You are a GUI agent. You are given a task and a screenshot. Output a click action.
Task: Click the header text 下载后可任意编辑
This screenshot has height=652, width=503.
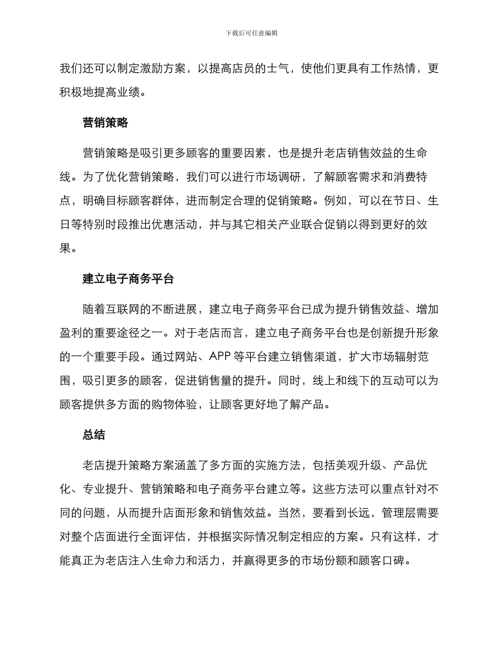coord(251,33)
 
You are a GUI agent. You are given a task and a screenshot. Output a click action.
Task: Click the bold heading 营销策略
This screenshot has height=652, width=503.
coord(105,123)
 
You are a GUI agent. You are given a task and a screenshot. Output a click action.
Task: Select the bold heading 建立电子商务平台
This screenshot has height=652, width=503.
coord(128,279)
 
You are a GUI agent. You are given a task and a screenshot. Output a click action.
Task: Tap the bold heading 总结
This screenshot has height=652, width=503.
coord(94,435)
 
